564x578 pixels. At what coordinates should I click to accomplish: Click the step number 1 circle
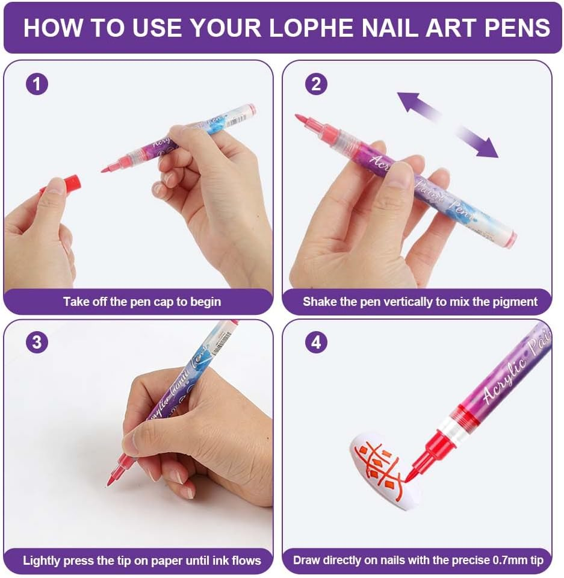click(x=37, y=84)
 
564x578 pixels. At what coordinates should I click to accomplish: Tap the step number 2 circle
click(x=316, y=84)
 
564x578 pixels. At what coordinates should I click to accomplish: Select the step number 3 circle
click(x=37, y=343)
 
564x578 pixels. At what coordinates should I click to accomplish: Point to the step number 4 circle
click(x=316, y=343)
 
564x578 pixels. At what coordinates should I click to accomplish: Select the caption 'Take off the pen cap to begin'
click(x=142, y=302)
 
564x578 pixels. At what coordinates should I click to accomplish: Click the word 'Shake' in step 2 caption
click(x=320, y=302)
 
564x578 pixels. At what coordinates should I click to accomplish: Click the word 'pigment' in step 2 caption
click(x=516, y=302)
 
